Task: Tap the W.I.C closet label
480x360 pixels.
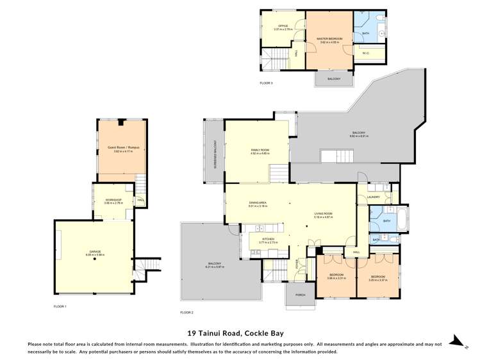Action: [365, 53]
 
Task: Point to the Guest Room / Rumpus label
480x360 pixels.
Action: [122, 147]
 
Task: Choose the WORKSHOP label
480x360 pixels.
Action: [113, 200]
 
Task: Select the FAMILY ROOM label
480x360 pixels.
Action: [260, 150]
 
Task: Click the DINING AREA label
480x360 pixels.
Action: [257, 203]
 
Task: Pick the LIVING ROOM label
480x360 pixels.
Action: [323, 213]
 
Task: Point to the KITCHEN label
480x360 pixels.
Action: [267, 239]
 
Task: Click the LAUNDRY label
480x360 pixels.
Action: [374, 197]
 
